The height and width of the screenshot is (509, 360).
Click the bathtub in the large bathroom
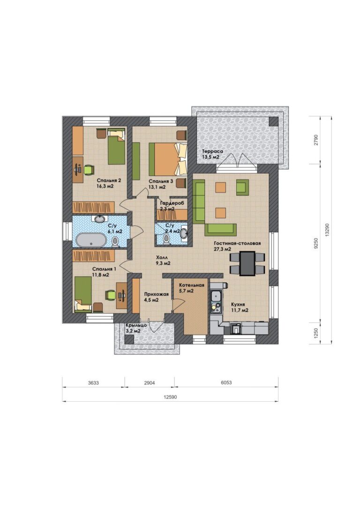pos(91,241)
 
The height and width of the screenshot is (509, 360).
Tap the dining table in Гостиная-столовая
pos(247,263)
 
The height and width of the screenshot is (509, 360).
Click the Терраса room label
pos(213,151)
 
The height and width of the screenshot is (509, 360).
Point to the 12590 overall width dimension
pos(170,397)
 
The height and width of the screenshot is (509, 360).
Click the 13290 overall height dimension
pos(327,230)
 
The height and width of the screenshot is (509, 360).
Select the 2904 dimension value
pos(150,383)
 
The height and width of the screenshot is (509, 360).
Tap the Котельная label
pos(192,285)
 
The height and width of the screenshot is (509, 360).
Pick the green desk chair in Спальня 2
pos(89,170)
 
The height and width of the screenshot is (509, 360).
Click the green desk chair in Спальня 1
pos(111,295)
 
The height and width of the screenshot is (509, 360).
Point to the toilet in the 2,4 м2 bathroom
pos(166,239)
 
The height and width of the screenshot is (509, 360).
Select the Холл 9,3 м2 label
pos(163,260)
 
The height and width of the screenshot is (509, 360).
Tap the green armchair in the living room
pos(242,187)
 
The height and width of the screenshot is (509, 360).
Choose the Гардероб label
pos(172,203)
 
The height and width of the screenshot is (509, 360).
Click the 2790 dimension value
pos(316,140)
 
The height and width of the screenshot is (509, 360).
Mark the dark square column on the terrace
pos(274,121)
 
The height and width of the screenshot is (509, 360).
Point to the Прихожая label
pos(157,294)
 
